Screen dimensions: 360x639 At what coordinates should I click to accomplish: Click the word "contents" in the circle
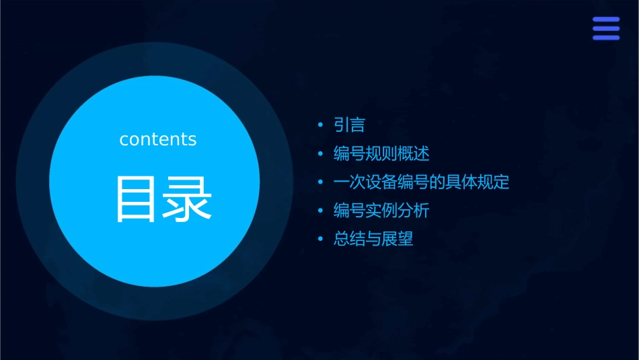(158, 139)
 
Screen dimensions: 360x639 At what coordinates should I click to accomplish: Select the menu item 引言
(349, 125)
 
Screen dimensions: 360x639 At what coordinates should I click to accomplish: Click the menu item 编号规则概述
(381, 153)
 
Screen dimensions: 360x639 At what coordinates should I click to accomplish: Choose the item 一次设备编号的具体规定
(421, 182)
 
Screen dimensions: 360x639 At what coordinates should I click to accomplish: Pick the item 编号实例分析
(381, 211)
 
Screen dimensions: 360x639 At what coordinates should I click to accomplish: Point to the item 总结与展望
(373, 239)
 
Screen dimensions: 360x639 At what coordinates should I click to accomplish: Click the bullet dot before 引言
(321, 125)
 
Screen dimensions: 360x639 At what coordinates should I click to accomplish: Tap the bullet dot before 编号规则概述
(321, 154)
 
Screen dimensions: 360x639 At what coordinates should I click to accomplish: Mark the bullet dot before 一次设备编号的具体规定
(321, 182)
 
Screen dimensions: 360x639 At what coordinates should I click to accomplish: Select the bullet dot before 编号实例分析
(321, 211)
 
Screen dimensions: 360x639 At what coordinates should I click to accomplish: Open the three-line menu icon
(606, 28)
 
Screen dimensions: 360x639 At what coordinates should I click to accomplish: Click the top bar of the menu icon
(606, 20)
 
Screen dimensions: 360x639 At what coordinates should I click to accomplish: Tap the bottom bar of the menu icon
(606, 37)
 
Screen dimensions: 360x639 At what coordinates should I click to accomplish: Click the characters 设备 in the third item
(381, 182)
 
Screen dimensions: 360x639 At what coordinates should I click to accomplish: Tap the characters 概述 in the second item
(413, 153)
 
